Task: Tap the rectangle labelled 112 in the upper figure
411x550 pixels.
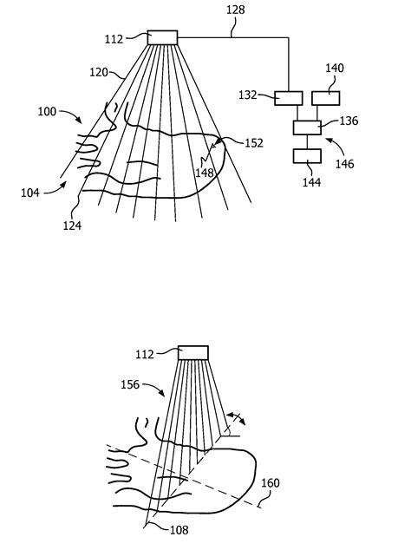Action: coord(162,37)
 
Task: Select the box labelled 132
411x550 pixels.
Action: coord(288,98)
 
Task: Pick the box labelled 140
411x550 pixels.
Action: coord(326,98)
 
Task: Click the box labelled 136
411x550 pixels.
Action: coord(306,128)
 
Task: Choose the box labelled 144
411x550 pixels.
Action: coord(307,156)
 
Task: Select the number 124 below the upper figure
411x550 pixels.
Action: coord(71,226)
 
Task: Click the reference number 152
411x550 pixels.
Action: coord(253,144)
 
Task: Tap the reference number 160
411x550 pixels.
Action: coord(271,483)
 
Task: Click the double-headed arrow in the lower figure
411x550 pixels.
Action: coord(235,418)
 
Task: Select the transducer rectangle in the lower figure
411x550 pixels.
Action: coord(193,352)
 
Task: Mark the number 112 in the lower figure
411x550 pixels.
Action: coord(145,354)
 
